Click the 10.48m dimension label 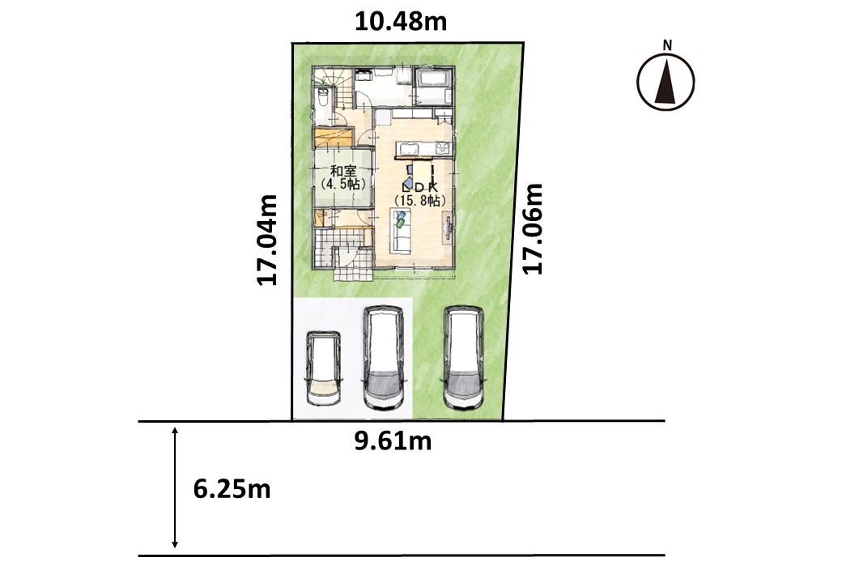tap(401, 22)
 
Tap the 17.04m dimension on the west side tap(267, 240)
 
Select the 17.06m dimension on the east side tap(533, 228)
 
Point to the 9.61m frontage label tap(393, 440)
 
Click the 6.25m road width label tap(232, 489)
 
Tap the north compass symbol tap(666, 82)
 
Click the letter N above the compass tap(667, 45)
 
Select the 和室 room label tap(343, 172)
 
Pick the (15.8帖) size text tap(420, 200)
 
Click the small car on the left tap(323, 368)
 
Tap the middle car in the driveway tap(384, 358)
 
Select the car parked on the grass tap(464, 358)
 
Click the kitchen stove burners tap(443, 148)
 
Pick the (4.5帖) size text tap(343, 184)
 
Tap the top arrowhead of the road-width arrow tap(175, 431)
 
